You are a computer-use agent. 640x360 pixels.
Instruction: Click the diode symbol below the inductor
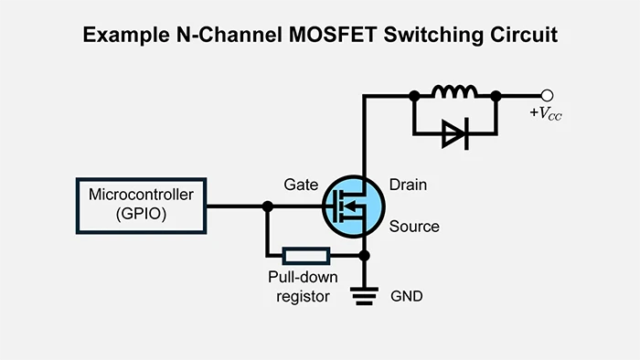pyautogui.click(x=454, y=134)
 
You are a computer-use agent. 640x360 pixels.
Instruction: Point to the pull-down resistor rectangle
pyautogui.click(x=305, y=256)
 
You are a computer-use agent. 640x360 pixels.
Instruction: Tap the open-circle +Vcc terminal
pyautogui.click(x=548, y=94)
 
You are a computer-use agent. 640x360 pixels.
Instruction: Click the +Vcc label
pyautogui.click(x=547, y=114)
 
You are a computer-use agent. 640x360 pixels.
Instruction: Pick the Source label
pyautogui.click(x=414, y=227)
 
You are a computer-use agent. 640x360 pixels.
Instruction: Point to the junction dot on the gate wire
pyautogui.click(x=267, y=206)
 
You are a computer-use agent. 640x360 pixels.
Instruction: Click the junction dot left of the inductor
pyautogui.click(x=414, y=94)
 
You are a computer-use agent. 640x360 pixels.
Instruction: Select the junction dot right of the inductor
pyautogui.click(x=496, y=94)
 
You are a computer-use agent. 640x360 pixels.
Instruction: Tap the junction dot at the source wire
pyautogui.click(x=365, y=256)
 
